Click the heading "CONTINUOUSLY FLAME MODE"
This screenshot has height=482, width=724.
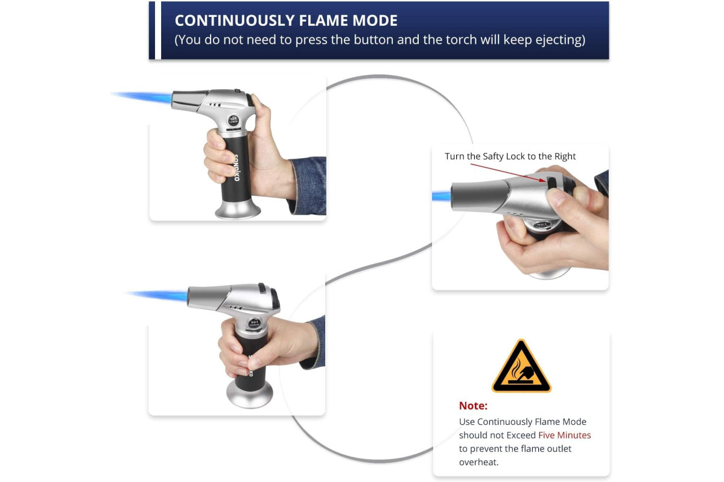pos(286,20)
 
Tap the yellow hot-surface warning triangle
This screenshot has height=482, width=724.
pos(521,367)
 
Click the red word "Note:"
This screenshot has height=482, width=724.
pos(473,405)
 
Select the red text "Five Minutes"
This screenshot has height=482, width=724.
pos(564,435)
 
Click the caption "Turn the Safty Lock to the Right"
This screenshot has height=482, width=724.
pos(510,156)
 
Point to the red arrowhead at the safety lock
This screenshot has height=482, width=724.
pos(542,180)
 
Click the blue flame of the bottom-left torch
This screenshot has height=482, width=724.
pos(157,295)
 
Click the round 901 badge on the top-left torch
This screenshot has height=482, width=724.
pos(233,120)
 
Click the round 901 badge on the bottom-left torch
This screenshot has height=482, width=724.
pos(255,323)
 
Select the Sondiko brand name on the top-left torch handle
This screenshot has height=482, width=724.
pos(237,167)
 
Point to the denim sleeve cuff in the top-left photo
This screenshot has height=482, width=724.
pos(307,186)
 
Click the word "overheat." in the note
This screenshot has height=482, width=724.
pos(478,462)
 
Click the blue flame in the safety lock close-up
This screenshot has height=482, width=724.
pos(442,196)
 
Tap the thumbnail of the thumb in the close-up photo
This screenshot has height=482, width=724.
pos(556,197)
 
